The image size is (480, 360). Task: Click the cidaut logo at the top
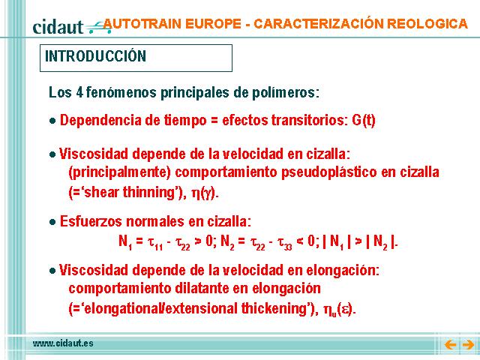click(72, 27)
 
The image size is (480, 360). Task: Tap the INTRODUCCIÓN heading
click(95, 56)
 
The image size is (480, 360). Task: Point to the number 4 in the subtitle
click(79, 92)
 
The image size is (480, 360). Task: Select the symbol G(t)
click(364, 120)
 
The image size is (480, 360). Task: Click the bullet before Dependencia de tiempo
click(52, 121)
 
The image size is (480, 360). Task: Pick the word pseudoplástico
click(328, 172)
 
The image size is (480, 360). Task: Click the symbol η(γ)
click(204, 193)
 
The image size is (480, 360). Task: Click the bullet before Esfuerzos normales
click(52, 222)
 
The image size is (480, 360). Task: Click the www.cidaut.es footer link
click(63, 343)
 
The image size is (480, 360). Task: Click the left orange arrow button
click(450, 345)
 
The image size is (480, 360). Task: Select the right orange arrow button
click(468, 345)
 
